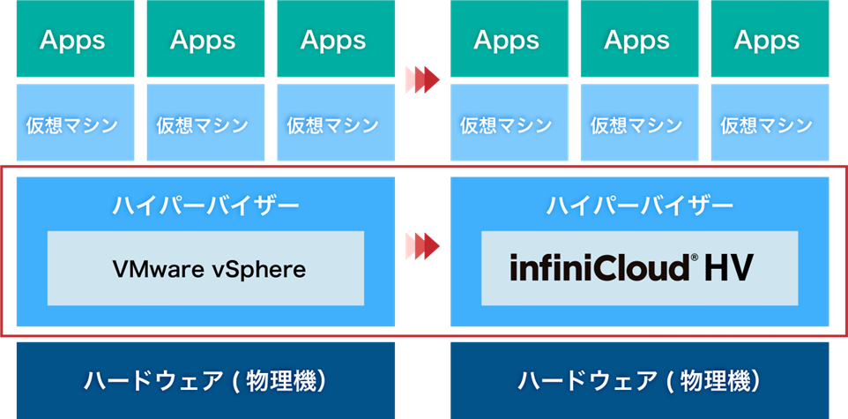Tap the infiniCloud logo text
click(x=599, y=267)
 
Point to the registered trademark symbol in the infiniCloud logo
click(x=693, y=258)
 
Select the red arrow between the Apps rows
click(x=422, y=79)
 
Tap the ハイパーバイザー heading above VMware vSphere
click(x=205, y=206)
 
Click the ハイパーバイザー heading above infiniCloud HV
click(x=639, y=206)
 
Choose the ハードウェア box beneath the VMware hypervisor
click(x=205, y=380)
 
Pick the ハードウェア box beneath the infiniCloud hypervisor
click(x=639, y=380)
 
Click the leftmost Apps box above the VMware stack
click(x=73, y=40)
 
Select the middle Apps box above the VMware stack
click(x=203, y=40)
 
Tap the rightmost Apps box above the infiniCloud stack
click(x=767, y=40)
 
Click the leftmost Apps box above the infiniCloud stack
click(x=507, y=40)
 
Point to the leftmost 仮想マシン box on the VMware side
click(x=73, y=124)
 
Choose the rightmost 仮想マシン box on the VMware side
click(x=333, y=124)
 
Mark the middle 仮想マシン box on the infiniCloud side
click(x=636, y=124)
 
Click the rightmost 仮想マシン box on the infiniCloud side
click(x=767, y=124)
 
